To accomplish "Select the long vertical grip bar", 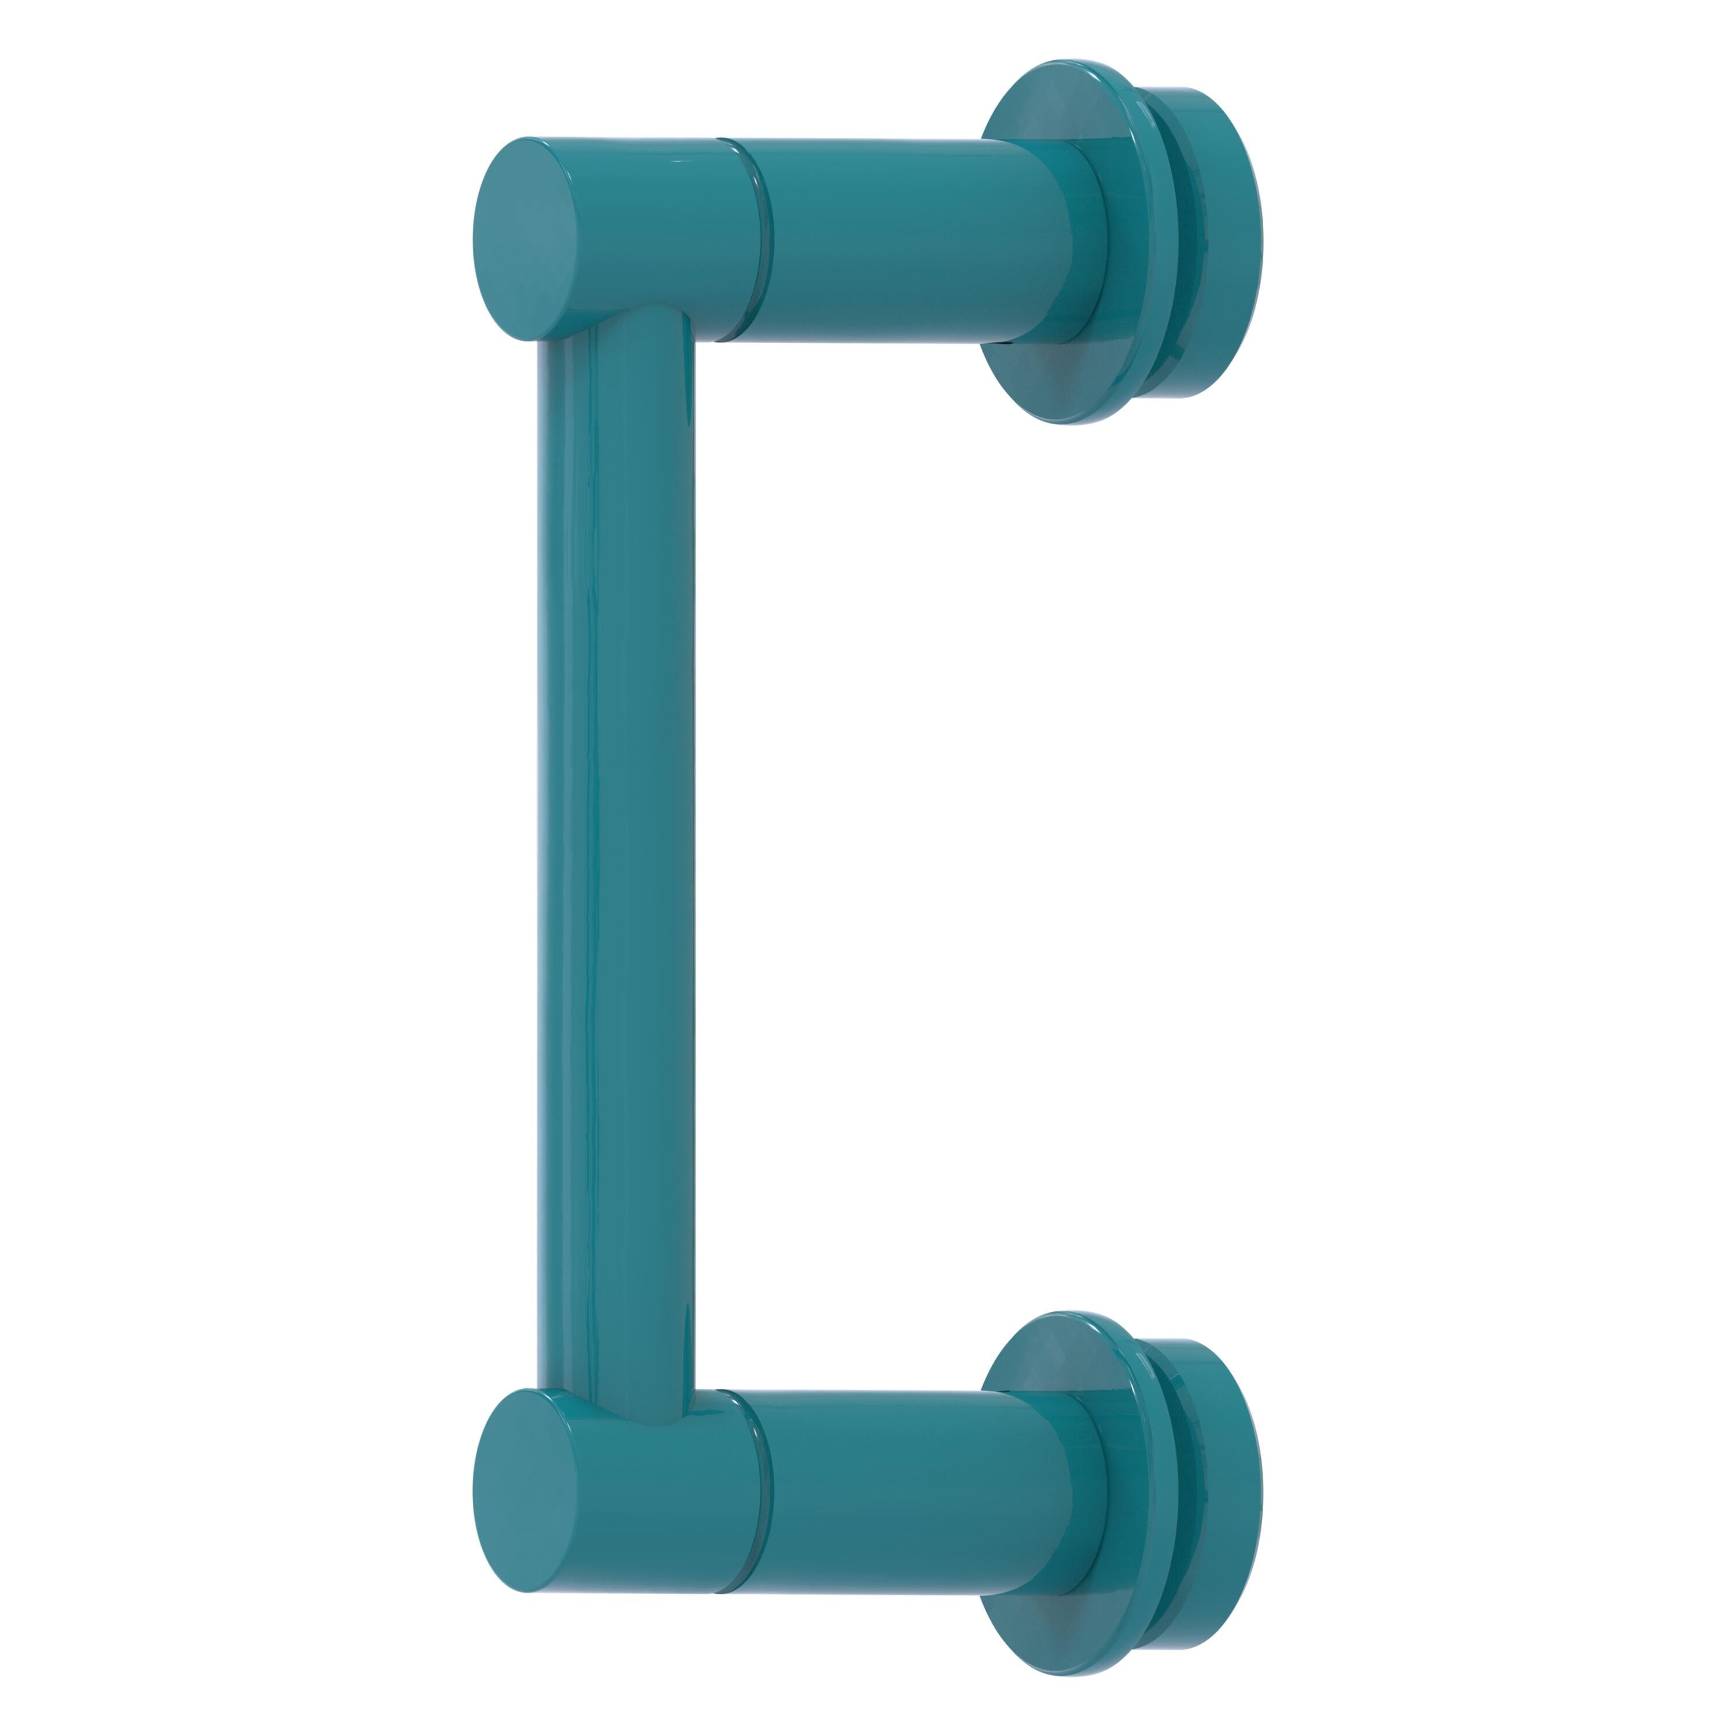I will [x=616, y=863].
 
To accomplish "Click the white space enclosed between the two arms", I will [x=899, y=863].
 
